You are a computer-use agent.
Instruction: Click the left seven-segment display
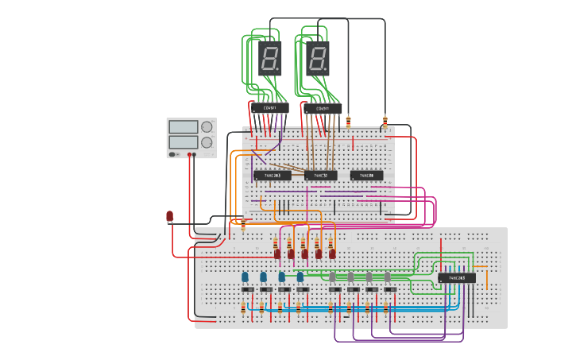(x=269, y=58)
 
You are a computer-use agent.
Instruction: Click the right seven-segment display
(x=317, y=58)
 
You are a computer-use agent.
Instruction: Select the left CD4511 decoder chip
(x=270, y=108)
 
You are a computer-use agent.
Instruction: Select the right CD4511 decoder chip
(x=323, y=108)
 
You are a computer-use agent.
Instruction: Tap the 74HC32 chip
(x=320, y=175)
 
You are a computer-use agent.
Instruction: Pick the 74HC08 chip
(x=366, y=175)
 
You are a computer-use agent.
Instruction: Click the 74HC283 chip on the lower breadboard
(x=457, y=278)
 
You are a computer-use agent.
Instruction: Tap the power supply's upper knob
(x=207, y=127)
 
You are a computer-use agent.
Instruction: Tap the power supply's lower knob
(x=207, y=142)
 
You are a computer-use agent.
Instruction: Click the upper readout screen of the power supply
(x=183, y=127)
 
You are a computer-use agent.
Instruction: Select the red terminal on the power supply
(x=188, y=155)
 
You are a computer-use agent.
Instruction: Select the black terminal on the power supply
(x=193, y=155)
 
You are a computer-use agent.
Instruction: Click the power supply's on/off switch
(x=173, y=154)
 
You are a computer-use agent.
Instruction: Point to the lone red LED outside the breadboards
(x=169, y=216)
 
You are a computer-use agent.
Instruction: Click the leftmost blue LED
(x=245, y=277)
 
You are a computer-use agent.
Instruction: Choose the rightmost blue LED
(x=300, y=277)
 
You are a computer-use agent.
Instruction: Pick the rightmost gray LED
(x=387, y=277)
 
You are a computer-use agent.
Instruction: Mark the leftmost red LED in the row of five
(x=277, y=254)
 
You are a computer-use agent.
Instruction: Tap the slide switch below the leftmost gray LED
(x=334, y=289)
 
